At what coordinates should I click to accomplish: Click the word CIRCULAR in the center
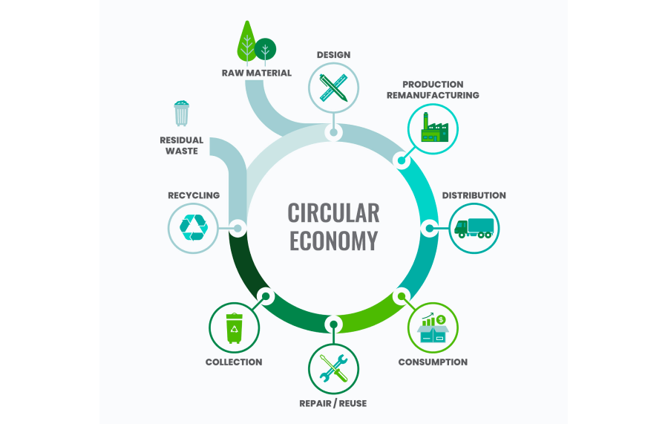(x=333, y=213)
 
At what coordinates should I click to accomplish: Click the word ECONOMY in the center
(x=333, y=241)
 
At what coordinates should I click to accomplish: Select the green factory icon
(x=433, y=128)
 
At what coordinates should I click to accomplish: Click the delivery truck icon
(x=474, y=227)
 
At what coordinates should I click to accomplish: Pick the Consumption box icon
(x=433, y=328)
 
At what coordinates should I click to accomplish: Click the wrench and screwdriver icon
(x=333, y=368)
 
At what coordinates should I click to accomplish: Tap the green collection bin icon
(x=235, y=327)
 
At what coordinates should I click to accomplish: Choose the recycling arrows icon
(x=194, y=227)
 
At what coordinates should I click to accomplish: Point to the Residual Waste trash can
(x=182, y=114)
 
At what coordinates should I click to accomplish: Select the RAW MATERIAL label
(x=257, y=73)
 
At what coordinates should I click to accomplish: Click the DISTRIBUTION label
(x=474, y=195)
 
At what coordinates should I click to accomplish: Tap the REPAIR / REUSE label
(x=333, y=403)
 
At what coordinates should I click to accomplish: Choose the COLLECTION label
(x=234, y=362)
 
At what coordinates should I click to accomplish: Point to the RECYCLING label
(x=194, y=195)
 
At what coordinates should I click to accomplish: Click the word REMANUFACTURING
(x=433, y=95)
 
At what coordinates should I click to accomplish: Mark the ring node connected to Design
(x=333, y=133)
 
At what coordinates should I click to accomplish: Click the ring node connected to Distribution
(x=428, y=227)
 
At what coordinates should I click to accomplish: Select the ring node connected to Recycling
(x=238, y=227)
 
